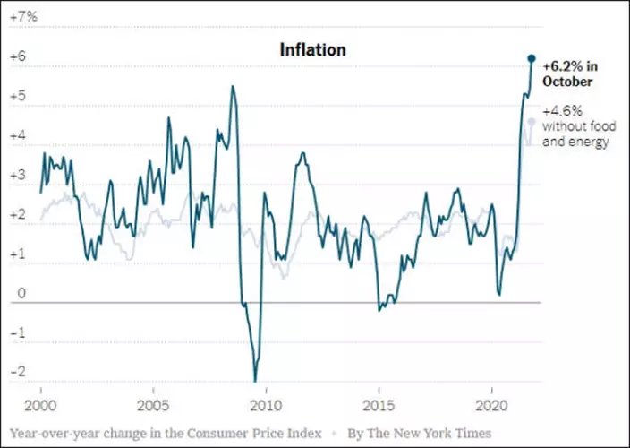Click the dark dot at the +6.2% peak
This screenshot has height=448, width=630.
tap(531, 58)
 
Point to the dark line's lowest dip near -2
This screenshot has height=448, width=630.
tap(255, 380)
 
